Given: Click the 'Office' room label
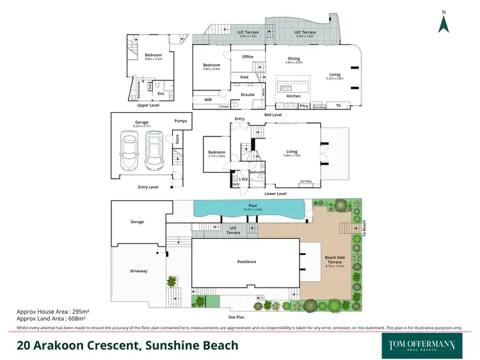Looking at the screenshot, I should pos(248,57).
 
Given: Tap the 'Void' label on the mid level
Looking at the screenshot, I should pos(244,77).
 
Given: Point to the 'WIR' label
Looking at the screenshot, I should pos(208,100).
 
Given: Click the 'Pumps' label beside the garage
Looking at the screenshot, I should pos(181,120).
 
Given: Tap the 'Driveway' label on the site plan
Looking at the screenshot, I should pos(138,271).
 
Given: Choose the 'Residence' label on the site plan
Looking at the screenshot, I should pos(246,261).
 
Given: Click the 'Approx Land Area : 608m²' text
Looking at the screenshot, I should pos(51,318).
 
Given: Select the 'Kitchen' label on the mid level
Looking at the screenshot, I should pos(293,96).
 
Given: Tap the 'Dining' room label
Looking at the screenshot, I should pos(293,59).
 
